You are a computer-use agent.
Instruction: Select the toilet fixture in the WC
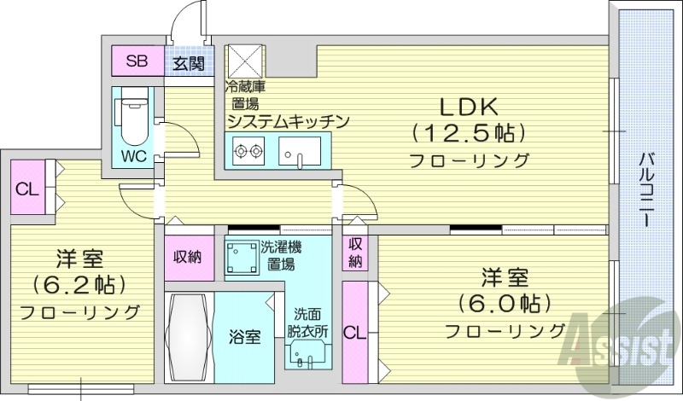[133, 120]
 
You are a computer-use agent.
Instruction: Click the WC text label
[132, 157]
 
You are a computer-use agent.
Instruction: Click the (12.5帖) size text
[468, 133]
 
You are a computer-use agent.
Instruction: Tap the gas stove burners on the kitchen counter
[248, 153]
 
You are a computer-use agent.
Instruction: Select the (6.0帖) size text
[504, 303]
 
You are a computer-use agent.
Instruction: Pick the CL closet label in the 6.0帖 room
[352, 331]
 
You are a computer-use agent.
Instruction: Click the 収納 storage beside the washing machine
[188, 257]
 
